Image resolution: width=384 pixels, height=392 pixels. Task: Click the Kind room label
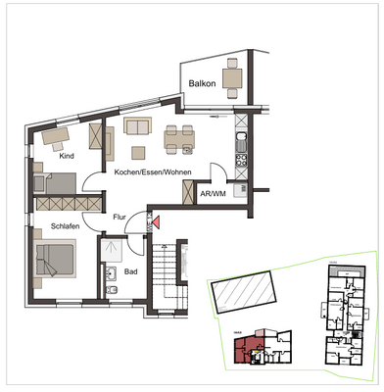point(68,157)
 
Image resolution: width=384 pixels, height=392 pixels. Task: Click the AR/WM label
point(213,195)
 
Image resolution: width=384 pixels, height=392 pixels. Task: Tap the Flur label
point(120,219)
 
